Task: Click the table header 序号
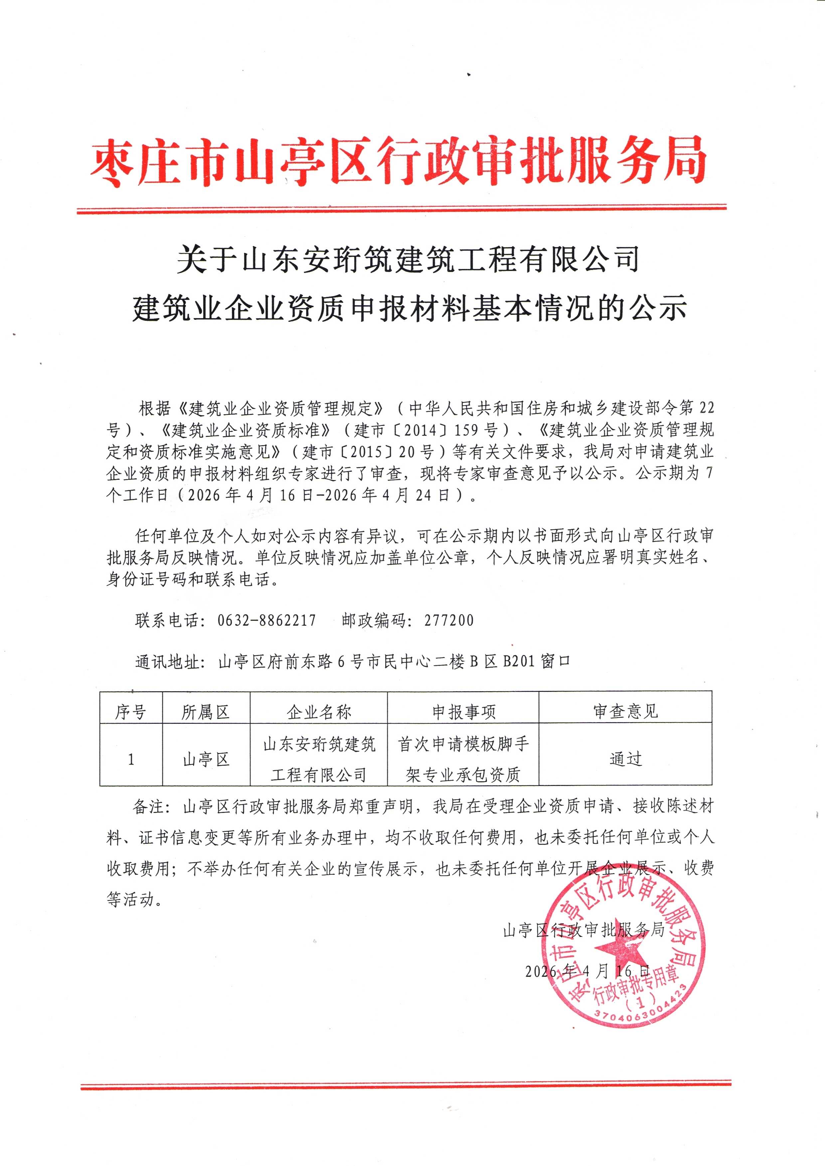pyautogui.click(x=130, y=712)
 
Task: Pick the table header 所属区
pyautogui.click(x=206, y=712)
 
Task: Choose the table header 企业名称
pyautogui.click(x=318, y=712)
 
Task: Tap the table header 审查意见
pyautogui.click(x=625, y=712)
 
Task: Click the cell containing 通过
pyautogui.click(x=625, y=759)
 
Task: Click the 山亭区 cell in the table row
pyautogui.click(x=206, y=760)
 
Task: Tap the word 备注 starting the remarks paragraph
pyautogui.click(x=148, y=807)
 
